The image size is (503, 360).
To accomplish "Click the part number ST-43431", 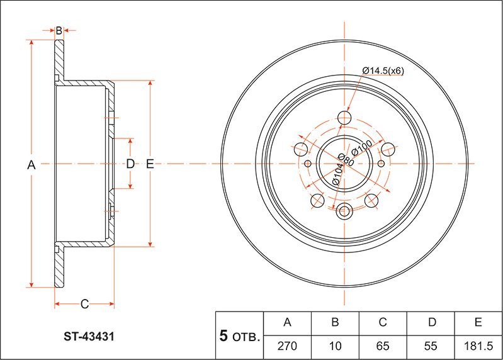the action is (88, 337).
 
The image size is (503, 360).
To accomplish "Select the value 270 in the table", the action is (288, 346).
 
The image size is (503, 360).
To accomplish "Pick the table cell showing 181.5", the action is (478, 346).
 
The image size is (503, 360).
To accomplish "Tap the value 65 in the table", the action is (382, 346).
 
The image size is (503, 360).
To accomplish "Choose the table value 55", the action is (431, 346).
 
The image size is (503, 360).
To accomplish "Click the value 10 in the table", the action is (335, 346).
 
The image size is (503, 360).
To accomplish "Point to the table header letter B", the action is (335, 323).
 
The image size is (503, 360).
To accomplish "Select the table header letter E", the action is (478, 323).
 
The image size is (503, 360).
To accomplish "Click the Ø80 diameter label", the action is (345, 160).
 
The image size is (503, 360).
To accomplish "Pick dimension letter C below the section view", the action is (84, 305).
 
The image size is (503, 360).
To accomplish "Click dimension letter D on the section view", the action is (130, 164).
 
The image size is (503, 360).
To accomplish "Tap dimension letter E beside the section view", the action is (150, 164).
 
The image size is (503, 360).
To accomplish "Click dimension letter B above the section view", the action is (59, 30).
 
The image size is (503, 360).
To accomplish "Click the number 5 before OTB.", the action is (223, 336).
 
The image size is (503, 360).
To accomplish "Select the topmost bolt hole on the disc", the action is (344, 118).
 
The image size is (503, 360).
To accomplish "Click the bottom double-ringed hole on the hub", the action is (344, 211).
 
